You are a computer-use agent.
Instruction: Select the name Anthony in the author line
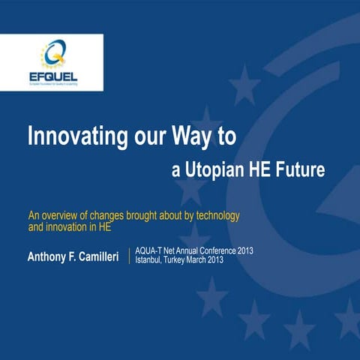tap(51, 258)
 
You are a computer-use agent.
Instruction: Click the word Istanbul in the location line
tap(152, 260)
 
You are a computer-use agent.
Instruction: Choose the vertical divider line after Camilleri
tap(130, 255)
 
